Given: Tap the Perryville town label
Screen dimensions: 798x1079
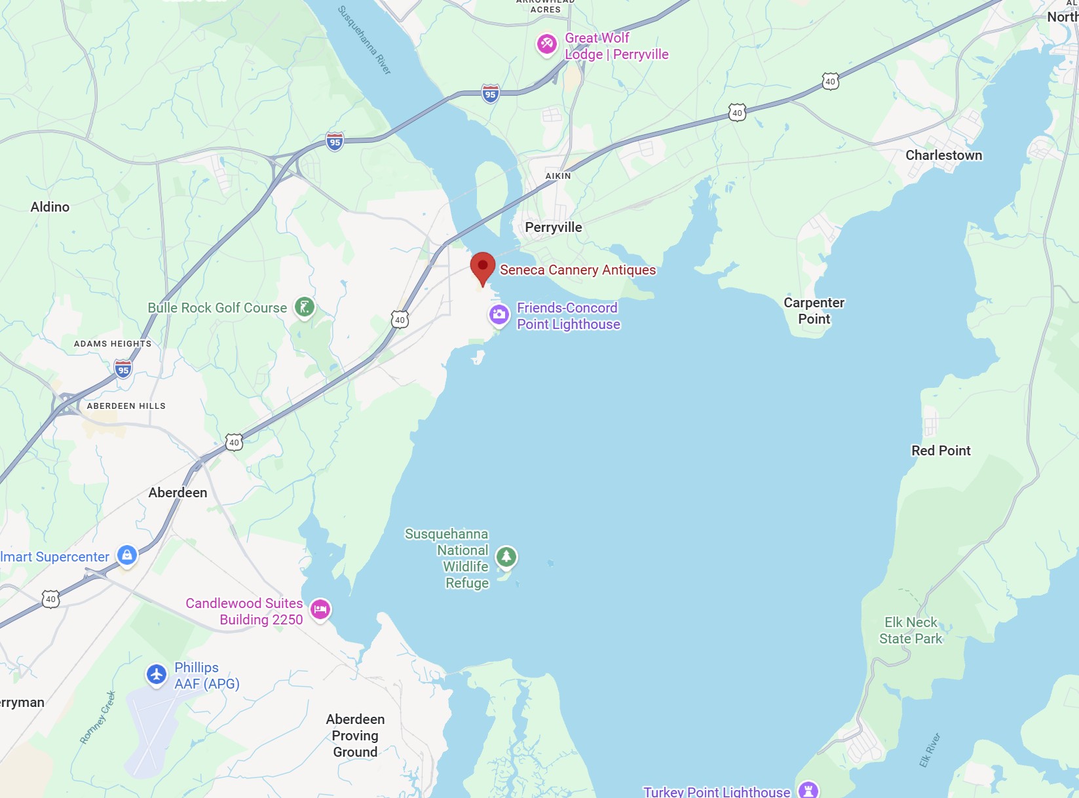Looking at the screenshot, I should pyautogui.click(x=554, y=227).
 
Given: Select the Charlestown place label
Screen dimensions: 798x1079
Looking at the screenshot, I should pyautogui.click(x=943, y=155).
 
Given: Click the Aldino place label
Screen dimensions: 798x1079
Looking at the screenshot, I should pyautogui.click(x=50, y=206).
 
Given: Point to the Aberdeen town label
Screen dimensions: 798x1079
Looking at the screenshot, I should pyautogui.click(x=178, y=493).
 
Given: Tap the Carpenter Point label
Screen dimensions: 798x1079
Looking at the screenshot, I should pyautogui.click(x=814, y=311).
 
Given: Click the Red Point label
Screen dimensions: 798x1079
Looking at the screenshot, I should pyautogui.click(x=941, y=451).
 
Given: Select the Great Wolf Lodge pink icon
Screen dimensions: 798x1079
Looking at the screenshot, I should pyautogui.click(x=547, y=45).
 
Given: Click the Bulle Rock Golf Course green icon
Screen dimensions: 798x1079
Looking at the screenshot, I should pyautogui.click(x=304, y=307).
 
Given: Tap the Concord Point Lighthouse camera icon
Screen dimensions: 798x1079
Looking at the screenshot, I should pyautogui.click(x=499, y=314).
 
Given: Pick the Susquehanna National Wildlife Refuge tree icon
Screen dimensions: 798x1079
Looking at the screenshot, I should pyautogui.click(x=506, y=557).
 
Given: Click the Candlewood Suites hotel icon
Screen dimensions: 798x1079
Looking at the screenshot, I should pyautogui.click(x=320, y=609).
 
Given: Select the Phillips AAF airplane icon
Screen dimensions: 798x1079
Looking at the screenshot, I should pyautogui.click(x=157, y=674).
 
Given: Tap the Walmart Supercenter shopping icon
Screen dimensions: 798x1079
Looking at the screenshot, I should pyautogui.click(x=127, y=555).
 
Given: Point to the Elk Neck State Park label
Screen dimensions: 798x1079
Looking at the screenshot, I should pyautogui.click(x=911, y=630).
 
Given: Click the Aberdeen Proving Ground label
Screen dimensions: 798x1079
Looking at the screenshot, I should pyautogui.click(x=355, y=735).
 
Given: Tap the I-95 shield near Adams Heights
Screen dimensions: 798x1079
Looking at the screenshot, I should pyautogui.click(x=123, y=370).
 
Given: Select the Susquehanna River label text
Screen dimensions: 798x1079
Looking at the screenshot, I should pyautogui.click(x=364, y=40).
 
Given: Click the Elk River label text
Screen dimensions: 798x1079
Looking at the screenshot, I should pyautogui.click(x=929, y=750).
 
